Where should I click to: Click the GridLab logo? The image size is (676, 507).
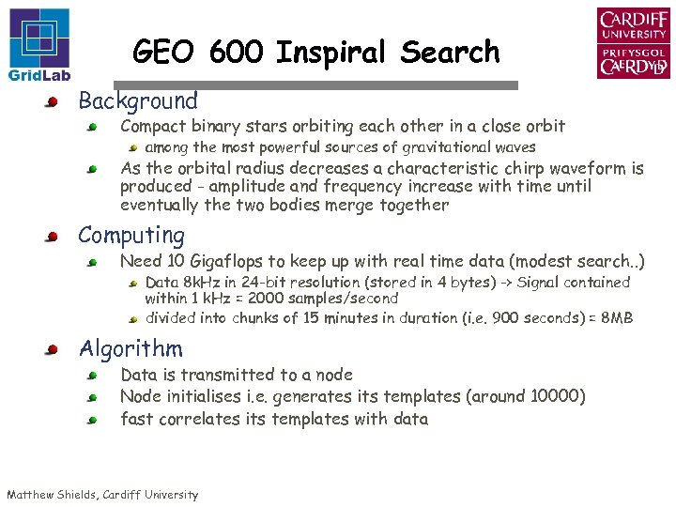pyautogui.click(x=38, y=44)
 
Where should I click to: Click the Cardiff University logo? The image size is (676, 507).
pyautogui.click(x=634, y=43)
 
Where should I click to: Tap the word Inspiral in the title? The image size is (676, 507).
pyautogui.click(x=330, y=53)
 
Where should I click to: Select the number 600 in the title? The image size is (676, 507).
pyautogui.click(x=238, y=53)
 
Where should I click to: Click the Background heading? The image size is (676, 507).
pyautogui.click(x=138, y=100)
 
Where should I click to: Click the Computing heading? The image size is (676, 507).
pyautogui.click(x=131, y=235)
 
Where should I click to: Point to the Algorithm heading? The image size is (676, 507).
pyautogui.click(x=131, y=348)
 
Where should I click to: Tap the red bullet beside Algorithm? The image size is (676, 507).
pyautogui.click(x=54, y=350)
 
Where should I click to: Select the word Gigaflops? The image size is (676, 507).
pyautogui.click(x=229, y=261)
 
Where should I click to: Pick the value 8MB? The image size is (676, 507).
pyautogui.click(x=616, y=317)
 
